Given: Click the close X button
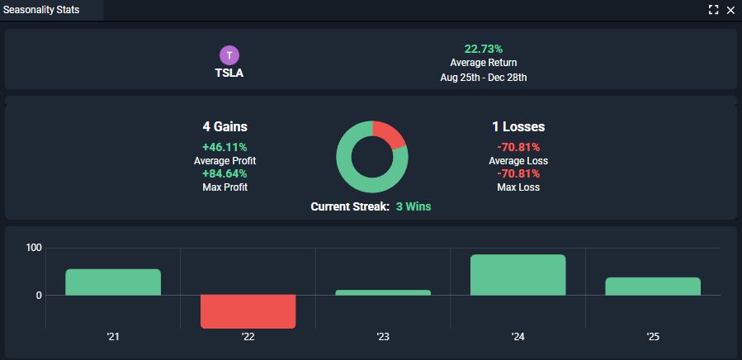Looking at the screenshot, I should coord(730,10).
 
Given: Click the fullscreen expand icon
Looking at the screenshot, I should coord(713,10).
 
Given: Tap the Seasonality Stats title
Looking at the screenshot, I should coord(41,10).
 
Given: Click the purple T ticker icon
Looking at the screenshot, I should coord(229,55).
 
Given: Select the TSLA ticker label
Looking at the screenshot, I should coord(229,73).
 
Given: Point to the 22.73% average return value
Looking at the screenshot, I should coord(484,49).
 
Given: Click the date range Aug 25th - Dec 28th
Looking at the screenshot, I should coord(484,78).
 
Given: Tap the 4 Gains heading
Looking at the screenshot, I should coord(224,127).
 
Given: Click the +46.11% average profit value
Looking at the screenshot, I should coord(224,147).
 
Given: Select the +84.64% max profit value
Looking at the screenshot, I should coord(224,173).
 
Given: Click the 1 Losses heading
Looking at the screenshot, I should coord(518,127).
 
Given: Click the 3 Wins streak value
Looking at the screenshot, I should coord(413,206).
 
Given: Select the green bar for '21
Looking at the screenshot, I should coord(113,282).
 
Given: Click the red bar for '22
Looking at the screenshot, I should coord(248,311).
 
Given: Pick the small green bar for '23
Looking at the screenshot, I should coord(383,292).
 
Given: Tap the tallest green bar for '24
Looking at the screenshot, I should coord(518,274).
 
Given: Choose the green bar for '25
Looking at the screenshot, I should coord(653,286).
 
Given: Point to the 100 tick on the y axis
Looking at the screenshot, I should coord(34,248).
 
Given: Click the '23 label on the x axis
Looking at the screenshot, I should coord(383,337).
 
